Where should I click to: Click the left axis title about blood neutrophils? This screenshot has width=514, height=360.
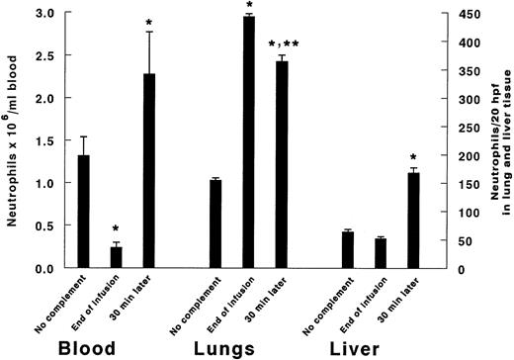point(12,138)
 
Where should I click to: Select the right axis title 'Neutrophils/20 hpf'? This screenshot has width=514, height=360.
point(494,138)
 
